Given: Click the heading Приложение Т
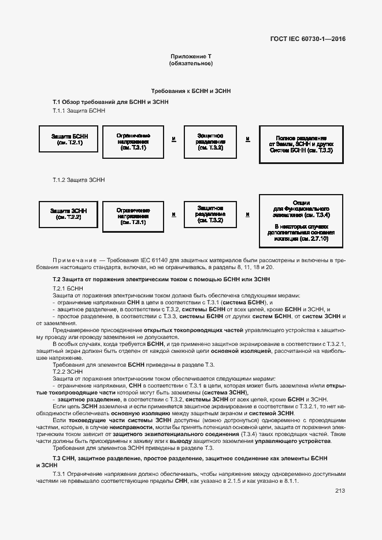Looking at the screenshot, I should (x=191, y=56).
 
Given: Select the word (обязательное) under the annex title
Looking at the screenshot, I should (x=191, y=63).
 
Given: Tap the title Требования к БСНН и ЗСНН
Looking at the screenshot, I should (x=191, y=91).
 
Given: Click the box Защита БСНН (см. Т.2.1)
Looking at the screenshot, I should (x=66, y=139).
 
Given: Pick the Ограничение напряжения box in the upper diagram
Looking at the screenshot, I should (x=133, y=141).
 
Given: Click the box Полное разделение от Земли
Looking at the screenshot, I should (x=301, y=144).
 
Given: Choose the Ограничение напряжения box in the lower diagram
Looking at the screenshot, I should (x=133, y=215).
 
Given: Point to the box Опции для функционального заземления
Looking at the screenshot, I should (x=301, y=221).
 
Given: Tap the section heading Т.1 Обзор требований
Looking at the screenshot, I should (x=110, y=102).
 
